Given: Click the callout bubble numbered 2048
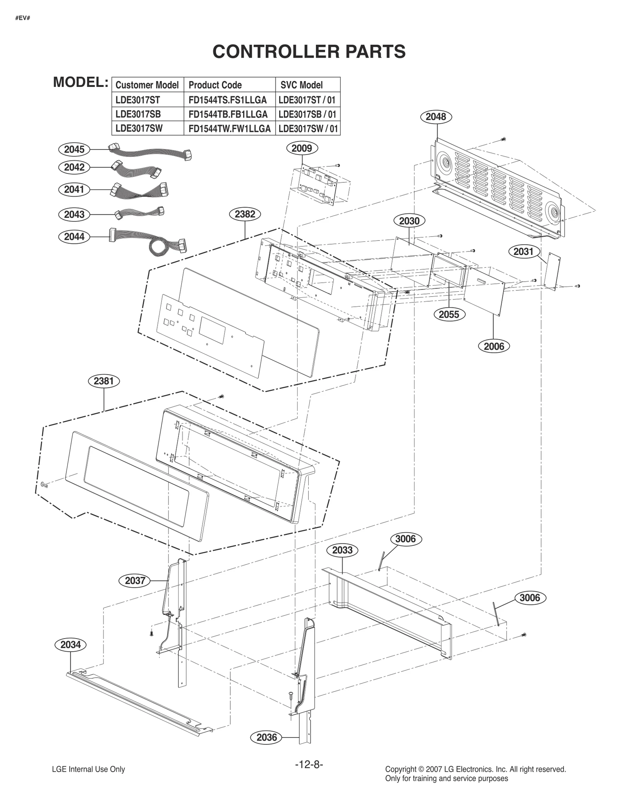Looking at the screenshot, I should pos(436,117).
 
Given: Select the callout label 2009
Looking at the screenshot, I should pos(302,148).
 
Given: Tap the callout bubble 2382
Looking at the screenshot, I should pos(245,214).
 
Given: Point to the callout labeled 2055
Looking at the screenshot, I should pos(449,314).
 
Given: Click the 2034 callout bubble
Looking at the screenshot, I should pos(71,644).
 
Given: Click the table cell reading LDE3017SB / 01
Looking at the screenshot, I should pos(307,114).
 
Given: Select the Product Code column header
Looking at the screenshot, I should pos(215,85).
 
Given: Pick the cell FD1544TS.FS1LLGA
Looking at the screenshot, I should pos(228,100).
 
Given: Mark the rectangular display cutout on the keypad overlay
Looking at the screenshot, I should pos(212,330).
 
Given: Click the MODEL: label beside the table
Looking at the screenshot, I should pos(80,82).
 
